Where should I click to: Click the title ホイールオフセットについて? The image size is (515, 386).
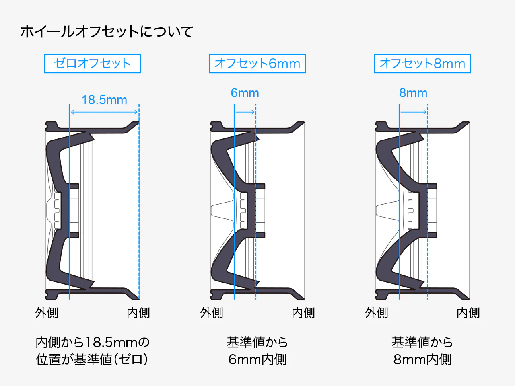pyautogui.click(x=107, y=32)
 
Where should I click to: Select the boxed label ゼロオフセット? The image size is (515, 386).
pyautogui.click(x=93, y=64)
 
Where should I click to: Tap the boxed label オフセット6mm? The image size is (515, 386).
pyautogui.click(x=257, y=64)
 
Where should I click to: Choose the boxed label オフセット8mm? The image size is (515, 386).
pyautogui.click(x=422, y=64)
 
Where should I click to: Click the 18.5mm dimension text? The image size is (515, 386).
pyautogui.click(x=104, y=100)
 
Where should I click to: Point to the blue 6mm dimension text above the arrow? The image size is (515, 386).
pyautogui.click(x=245, y=93)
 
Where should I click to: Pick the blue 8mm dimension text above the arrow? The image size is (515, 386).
pyautogui.click(x=413, y=93)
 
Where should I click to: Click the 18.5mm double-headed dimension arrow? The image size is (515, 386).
pyautogui.click(x=104, y=112)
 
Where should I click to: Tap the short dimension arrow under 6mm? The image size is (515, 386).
pyautogui.click(x=245, y=112)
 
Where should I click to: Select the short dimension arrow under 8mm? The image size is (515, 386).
pyautogui.click(x=413, y=112)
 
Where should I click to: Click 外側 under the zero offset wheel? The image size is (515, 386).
pyautogui.click(x=47, y=313)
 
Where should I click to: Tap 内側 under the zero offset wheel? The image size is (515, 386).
pyautogui.click(x=138, y=313)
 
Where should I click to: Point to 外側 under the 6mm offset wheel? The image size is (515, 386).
pyautogui.click(x=212, y=313)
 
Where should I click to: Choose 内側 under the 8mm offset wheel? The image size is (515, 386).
pyautogui.click(x=468, y=313)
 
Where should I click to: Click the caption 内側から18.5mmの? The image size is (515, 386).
pyautogui.click(x=93, y=342)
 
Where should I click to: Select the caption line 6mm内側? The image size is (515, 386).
pyautogui.click(x=257, y=359)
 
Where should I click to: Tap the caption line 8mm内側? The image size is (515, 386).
pyautogui.click(x=422, y=359)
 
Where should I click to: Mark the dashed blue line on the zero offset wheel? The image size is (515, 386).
pyautogui.click(x=139, y=201)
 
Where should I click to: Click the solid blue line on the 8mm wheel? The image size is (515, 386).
pyautogui.click(x=400, y=201)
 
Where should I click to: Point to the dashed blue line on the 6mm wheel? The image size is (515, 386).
pyautogui.click(x=256, y=201)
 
